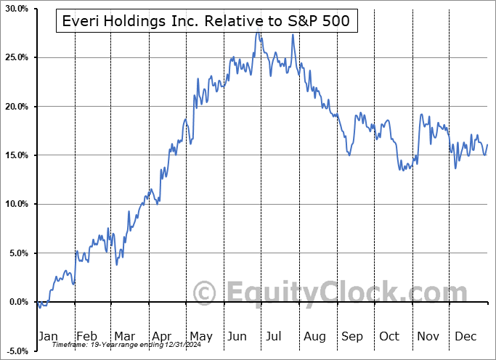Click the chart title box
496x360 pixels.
(x=206, y=22)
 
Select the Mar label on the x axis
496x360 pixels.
(x=125, y=336)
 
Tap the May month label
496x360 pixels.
(x=200, y=336)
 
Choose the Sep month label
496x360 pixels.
(x=352, y=336)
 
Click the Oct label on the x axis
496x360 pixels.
(x=389, y=336)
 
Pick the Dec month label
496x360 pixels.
(x=465, y=336)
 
